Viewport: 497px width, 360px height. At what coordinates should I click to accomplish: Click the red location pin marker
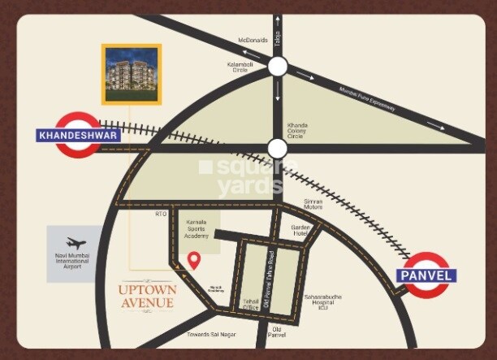tap(194, 260)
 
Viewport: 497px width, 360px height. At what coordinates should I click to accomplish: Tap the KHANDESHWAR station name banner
tap(79, 136)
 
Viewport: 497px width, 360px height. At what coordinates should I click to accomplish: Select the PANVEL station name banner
tap(426, 275)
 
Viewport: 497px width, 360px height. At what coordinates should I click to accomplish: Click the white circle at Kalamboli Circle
tap(278, 67)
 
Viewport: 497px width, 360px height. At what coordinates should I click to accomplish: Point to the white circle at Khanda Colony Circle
tap(278, 148)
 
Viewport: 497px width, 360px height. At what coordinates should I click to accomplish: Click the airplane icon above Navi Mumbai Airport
tap(76, 243)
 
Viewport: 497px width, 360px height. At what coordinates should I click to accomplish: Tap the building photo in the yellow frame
tap(132, 73)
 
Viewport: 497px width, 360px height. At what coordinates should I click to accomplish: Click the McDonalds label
tap(253, 40)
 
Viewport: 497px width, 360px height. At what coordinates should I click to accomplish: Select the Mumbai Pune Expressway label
tap(367, 98)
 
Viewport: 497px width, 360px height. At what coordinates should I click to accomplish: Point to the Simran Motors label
tap(313, 204)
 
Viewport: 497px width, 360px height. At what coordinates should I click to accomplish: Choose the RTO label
tap(161, 215)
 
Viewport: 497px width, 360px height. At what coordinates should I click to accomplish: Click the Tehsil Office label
tap(250, 304)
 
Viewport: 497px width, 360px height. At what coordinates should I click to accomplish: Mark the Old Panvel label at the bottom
tap(278, 332)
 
